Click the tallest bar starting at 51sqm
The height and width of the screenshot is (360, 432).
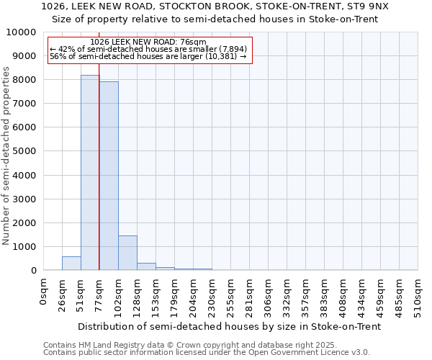coord(90,173)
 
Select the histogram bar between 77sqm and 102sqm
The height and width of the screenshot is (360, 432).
coord(109,176)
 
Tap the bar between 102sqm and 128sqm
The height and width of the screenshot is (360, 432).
coord(127,253)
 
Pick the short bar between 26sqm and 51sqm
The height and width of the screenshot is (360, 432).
coord(71,264)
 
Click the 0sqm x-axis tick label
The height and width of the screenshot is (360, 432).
coord(44,291)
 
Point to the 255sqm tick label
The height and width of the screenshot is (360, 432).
coord(231,294)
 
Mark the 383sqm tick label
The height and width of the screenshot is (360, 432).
coord(324,294)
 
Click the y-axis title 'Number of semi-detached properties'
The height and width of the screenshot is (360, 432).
coord(6,156)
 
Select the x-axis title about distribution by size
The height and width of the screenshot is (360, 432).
coord(229,326)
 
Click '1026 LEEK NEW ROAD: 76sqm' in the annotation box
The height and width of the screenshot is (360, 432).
coord(148,42)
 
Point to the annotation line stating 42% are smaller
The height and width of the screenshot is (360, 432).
coord(148,49)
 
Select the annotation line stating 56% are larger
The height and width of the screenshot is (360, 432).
coord(148,56)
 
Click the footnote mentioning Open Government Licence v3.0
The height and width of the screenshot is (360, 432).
coord(207,352)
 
